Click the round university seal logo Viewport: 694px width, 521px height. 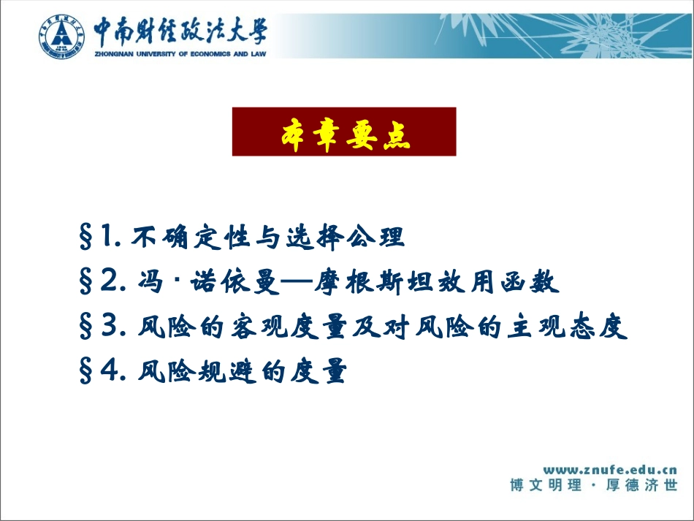point(61,37)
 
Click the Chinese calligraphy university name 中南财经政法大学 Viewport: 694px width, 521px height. point(180,31)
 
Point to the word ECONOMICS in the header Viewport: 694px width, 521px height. point(210,54)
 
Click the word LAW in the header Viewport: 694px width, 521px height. point(258,54)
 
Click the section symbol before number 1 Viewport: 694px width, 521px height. point(85,236)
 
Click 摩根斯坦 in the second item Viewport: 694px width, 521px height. point(374,281)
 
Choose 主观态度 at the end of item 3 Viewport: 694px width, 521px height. point(568,327)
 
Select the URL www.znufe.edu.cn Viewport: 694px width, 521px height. point(610,470)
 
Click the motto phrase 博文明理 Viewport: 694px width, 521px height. point(546,485)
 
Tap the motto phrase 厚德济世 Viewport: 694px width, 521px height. point(642,485)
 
